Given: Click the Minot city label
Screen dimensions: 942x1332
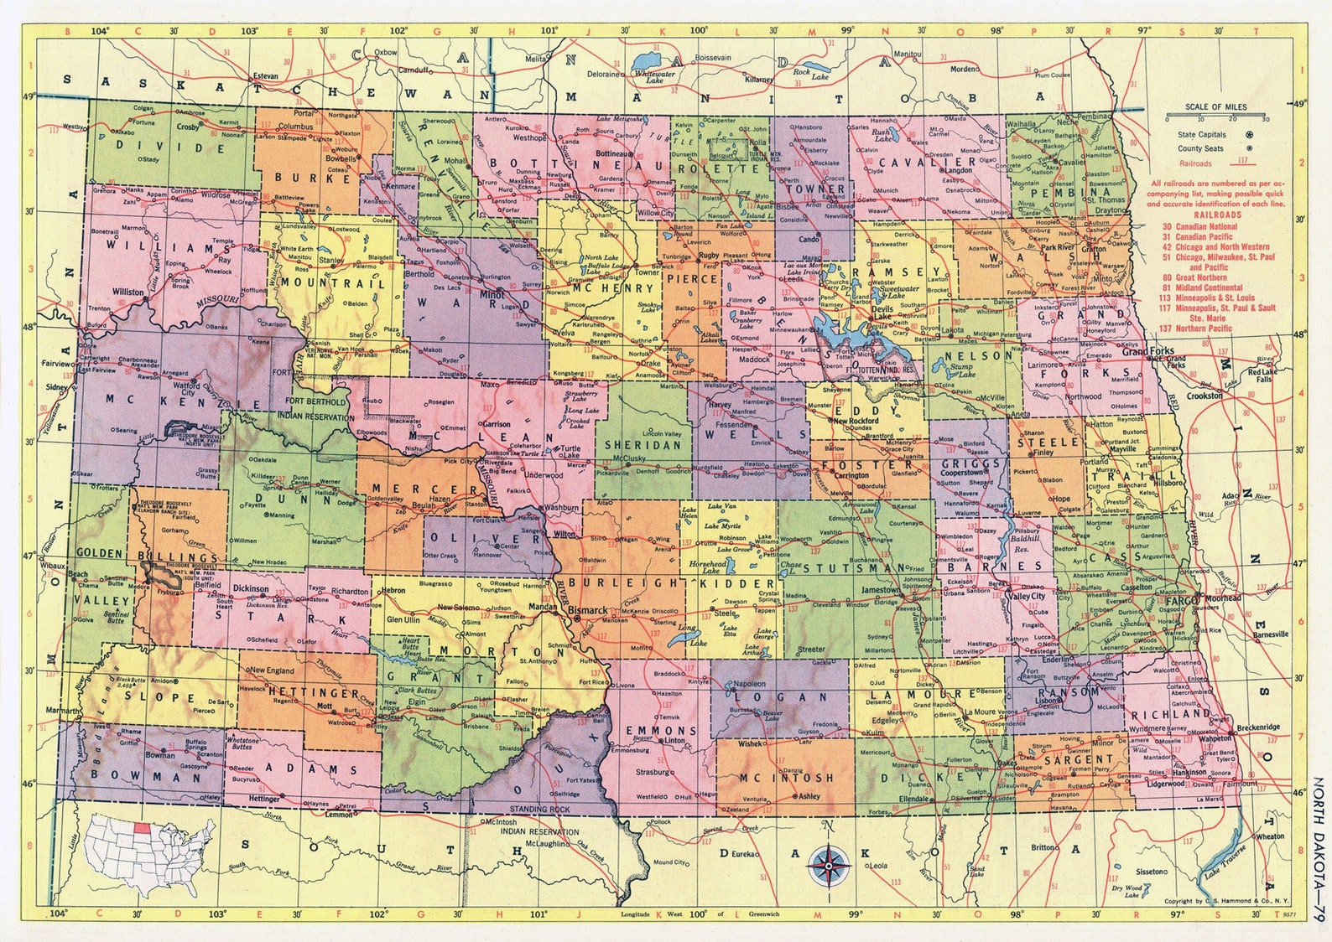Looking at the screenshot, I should tap(491, 295).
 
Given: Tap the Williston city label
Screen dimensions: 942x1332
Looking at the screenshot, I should tap(128, 292).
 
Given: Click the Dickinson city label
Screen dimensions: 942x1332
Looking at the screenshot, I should tap(251, 588).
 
